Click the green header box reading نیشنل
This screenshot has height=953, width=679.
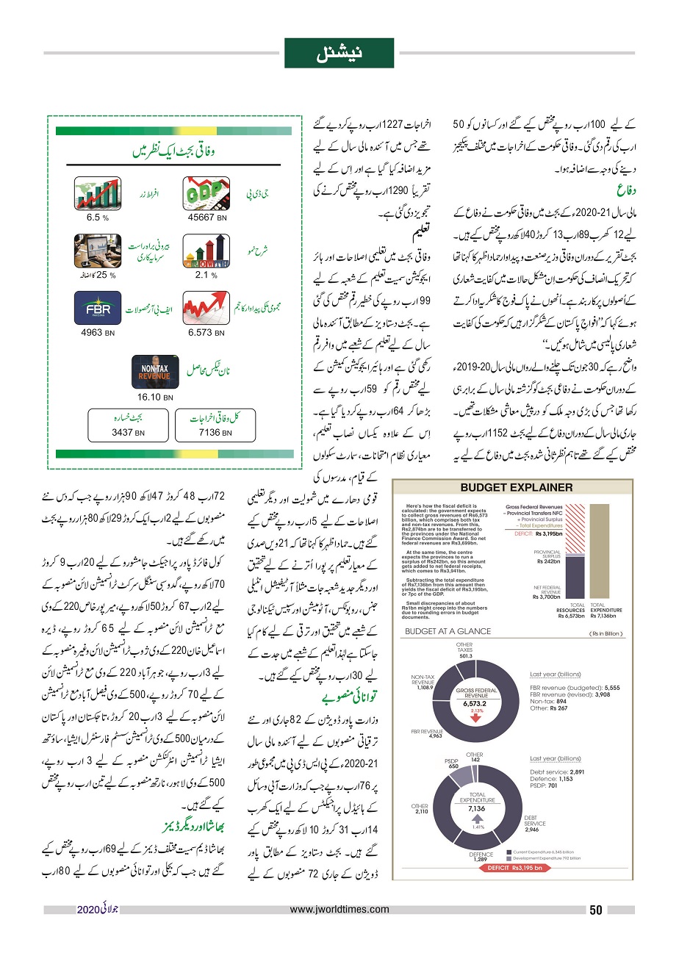tap(339, 53)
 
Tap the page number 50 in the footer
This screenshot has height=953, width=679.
tap(596, 910)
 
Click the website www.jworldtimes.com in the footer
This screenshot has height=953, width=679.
tap(339, 910)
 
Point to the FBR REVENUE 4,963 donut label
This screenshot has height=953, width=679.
tap(431, 735)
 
